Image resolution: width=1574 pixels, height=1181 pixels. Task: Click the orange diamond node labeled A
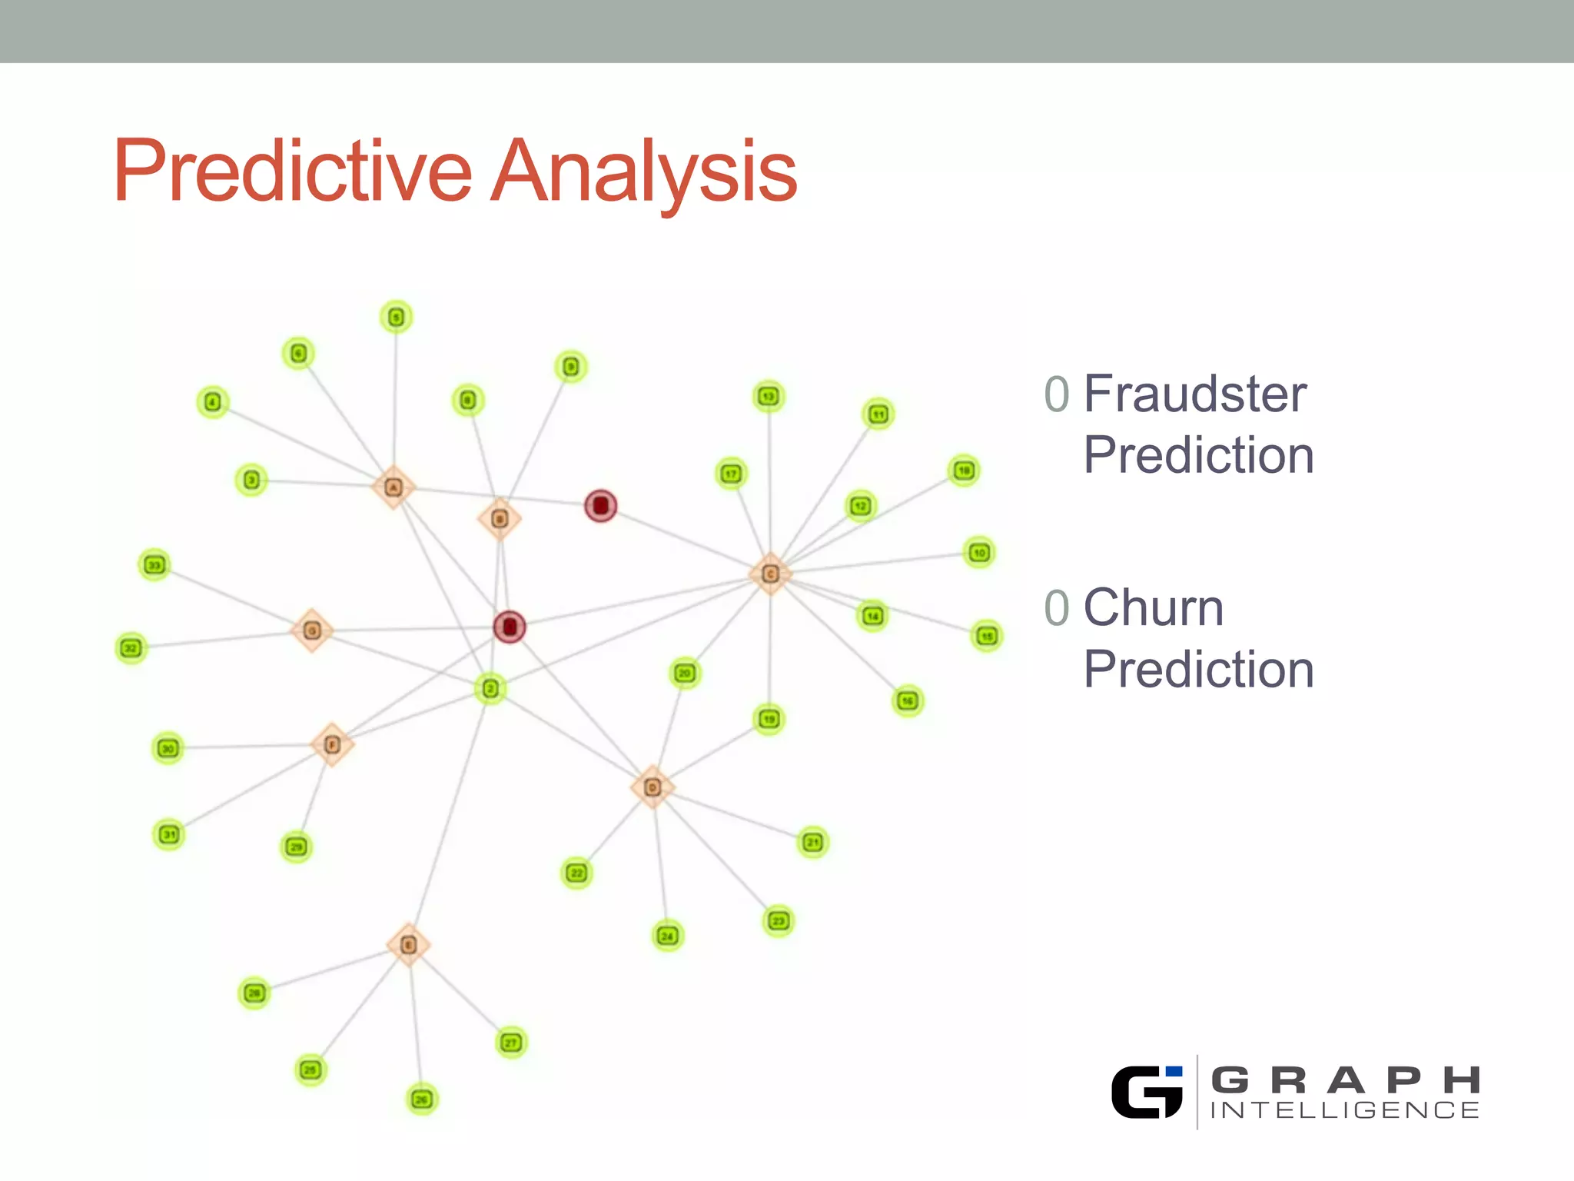393,487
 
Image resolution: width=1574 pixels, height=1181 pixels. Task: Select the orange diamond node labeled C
770,574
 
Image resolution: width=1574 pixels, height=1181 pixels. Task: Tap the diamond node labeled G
311,630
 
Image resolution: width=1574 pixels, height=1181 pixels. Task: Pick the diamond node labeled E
408,945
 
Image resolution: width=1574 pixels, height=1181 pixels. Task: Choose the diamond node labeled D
653,787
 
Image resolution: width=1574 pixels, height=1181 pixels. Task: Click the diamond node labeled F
332,744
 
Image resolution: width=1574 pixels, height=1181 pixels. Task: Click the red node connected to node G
509,627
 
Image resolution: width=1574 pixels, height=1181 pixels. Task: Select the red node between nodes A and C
601,505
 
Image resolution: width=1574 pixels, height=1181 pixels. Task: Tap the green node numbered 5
396,317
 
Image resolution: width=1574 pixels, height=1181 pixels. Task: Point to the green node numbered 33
154,565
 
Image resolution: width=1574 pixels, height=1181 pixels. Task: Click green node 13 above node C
769,397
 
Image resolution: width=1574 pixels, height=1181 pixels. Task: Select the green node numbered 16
908,700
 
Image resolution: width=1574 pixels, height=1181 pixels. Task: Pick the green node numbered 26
421,1099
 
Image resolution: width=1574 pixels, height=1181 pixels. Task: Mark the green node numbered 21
813,842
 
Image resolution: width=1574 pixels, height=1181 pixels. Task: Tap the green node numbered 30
168,748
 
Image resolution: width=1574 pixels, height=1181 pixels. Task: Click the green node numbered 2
490,688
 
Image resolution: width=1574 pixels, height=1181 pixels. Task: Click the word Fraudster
1194,394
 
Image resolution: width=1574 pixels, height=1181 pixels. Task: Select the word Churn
1153,608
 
